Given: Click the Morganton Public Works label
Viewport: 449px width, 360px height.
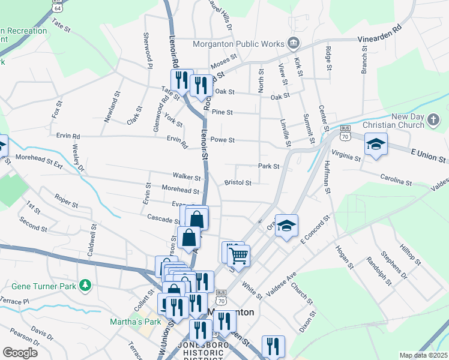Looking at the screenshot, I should [239, 43].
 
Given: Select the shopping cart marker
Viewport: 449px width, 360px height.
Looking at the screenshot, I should [239, 256].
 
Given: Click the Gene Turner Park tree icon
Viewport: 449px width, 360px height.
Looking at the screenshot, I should [86, 286].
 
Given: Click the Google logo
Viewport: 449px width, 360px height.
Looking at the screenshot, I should [20, 352].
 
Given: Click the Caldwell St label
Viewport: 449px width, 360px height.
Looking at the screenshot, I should [92, 238].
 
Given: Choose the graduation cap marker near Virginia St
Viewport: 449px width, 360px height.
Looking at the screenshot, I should [376, 145].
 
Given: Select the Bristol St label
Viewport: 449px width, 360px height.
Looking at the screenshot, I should [237, 182].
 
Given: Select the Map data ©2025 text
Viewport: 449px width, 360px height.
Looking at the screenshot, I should [424, 355].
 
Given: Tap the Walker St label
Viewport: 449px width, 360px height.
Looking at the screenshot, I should [186, 178].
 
